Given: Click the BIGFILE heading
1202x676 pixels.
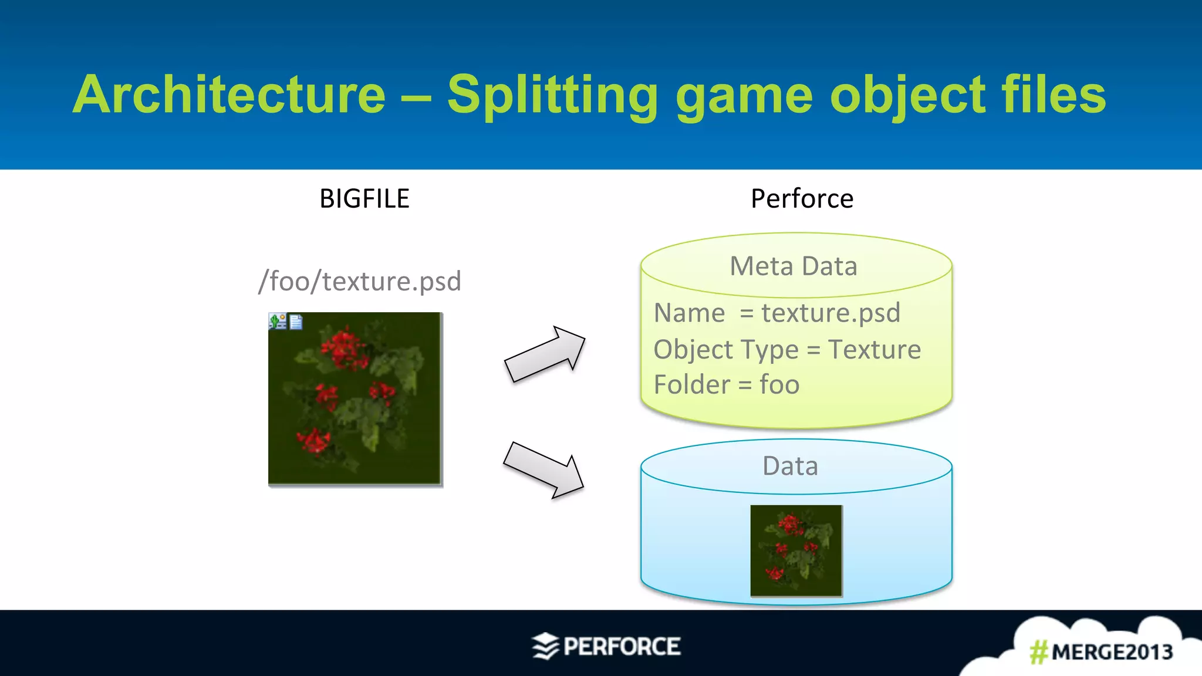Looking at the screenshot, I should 364,199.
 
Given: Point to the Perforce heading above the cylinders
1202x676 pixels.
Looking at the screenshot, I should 802,199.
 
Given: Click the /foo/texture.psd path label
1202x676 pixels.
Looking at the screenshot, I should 360,281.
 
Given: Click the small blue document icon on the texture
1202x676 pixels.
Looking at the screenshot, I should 296,322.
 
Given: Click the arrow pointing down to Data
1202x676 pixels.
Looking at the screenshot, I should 543,470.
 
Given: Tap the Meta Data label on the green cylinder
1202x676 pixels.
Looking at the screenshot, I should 794,266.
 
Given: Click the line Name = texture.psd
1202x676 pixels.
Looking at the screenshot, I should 777,313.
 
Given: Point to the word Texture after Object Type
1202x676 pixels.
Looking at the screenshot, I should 875,350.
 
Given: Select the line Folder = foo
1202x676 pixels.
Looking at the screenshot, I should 727,385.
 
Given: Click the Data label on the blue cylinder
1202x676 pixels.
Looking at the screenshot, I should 790,466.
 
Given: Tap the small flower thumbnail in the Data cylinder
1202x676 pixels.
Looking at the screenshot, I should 796,550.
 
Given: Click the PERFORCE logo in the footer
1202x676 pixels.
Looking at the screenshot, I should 606,647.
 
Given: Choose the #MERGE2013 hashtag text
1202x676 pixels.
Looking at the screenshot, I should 1101,652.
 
